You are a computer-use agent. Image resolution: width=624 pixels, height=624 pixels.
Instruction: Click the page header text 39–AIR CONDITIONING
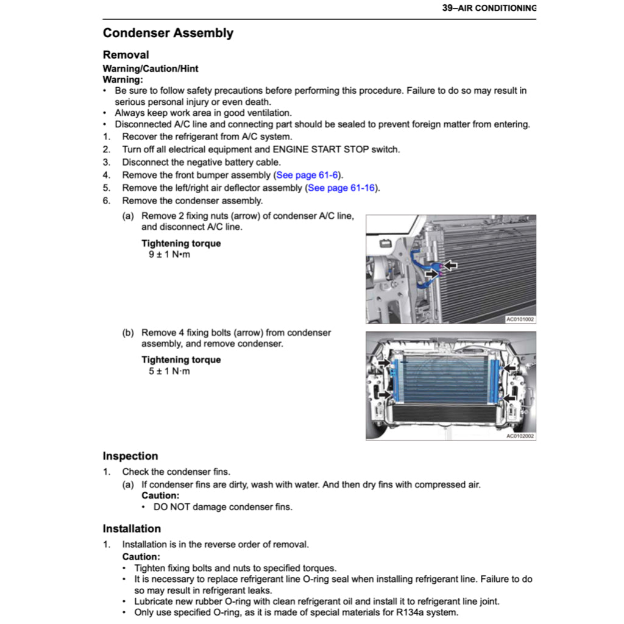(489, 8)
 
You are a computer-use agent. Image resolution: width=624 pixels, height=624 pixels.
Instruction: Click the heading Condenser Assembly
(168, 33)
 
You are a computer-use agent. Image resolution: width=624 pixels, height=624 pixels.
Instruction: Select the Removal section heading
(126, 55)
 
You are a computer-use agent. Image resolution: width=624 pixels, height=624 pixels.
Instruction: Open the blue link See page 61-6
(307, 175)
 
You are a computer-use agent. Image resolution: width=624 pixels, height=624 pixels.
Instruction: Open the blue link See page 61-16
(342, 188)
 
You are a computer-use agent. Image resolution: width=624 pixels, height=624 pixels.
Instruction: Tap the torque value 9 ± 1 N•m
(169, 254)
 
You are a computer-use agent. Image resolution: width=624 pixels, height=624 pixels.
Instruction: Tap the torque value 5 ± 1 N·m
(169, 370)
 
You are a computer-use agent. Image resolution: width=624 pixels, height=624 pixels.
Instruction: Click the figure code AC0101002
(520, 319)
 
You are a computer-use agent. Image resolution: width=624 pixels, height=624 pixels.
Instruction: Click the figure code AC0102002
(520, 435)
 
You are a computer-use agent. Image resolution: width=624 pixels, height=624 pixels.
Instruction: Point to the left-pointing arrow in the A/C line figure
(450, 265)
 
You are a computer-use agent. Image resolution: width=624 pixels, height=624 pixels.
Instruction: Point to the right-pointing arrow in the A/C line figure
(431, 275)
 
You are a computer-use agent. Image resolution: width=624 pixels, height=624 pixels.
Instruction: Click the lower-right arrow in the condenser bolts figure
(510, 397)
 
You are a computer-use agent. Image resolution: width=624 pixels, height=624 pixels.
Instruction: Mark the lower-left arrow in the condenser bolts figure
(385, 394)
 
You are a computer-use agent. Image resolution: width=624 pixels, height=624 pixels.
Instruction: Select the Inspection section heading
(130, 456)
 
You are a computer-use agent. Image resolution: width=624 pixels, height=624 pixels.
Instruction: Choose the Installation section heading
(132, 528)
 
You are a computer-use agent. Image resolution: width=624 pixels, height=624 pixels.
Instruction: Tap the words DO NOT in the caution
(171, 506)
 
